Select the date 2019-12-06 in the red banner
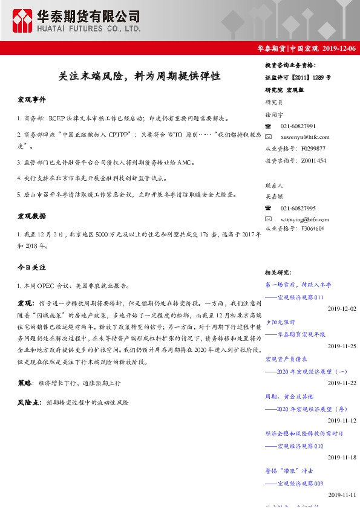click(339, 48)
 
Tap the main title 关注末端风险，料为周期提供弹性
click(139, 77)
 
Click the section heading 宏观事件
click(31, 99)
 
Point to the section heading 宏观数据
click(31, 216)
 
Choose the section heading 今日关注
click(31, 267)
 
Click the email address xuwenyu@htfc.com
click(305, 137)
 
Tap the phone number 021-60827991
click(298, 126)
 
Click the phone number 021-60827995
click(298, 208)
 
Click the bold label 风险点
click(29, 402)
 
